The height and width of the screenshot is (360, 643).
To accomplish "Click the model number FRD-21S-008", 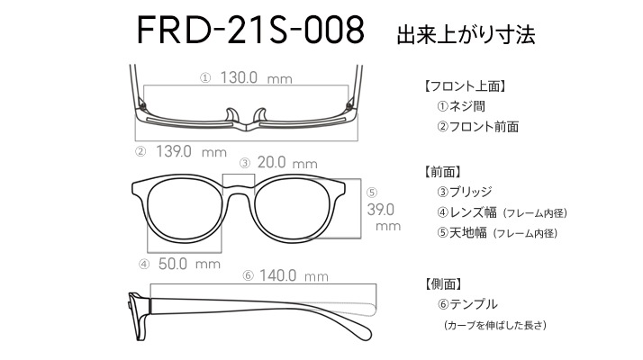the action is tap(250, 30).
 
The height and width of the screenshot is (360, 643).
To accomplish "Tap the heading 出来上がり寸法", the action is tap(466, 34).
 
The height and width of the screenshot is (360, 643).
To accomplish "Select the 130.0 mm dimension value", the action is tap(257, 77).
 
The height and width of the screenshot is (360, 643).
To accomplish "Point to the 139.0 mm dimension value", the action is tap(191, 152).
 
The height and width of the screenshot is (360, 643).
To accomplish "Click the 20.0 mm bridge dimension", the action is tap(287, 163).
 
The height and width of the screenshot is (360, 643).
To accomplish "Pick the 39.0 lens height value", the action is tap(381, 210).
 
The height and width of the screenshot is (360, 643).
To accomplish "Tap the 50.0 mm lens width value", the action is tap(189, 264).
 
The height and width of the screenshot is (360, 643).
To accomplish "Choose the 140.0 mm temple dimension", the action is tap(294, 275).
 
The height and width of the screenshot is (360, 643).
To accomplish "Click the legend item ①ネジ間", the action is tap(461, 106).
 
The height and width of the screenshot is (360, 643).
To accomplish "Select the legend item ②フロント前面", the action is tap(477, 127).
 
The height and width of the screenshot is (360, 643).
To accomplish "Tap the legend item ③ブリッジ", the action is tap(464, 192).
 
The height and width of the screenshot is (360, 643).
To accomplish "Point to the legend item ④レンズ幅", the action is tap(466, 212).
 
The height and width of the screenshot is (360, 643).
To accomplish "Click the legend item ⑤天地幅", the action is tap(462, 233).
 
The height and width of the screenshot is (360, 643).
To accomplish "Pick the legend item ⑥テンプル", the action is tap(467, 304).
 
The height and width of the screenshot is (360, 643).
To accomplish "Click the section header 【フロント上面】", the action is tap(464, 86).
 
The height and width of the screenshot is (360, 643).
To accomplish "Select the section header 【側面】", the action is tap(442, 283).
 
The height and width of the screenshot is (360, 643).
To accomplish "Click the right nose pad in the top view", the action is tap(260, 115).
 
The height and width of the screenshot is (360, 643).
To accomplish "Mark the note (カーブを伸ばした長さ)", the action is tap(495, 325).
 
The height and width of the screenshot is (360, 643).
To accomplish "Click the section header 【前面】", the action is tap(442, 172).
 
